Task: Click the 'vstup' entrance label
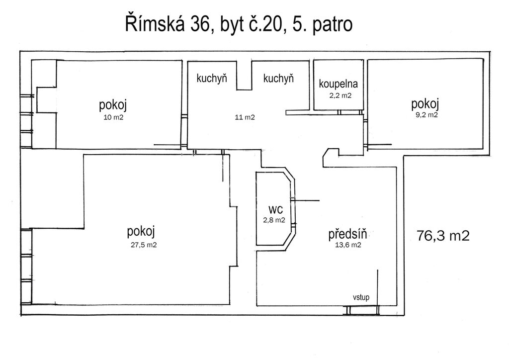[x=361, y=297]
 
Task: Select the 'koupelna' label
[x=338, y=85]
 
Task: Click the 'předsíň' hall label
[x=351, y=234]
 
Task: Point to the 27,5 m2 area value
[x=144, y=244]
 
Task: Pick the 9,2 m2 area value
[x=426, y=115]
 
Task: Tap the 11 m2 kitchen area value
[x=245, y=118]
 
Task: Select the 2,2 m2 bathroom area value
[x=340, y=95]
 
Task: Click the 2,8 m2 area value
[x=274, y=220]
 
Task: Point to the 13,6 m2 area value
[x=348, y=245]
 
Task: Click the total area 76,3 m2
[x=443, y=235]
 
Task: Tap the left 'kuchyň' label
[x=212, y=79]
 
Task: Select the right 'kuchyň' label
[x=278, y=79]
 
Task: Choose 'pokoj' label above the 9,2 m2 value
[x=425, y=104]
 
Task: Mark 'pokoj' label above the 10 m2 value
[x=113, y=105]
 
